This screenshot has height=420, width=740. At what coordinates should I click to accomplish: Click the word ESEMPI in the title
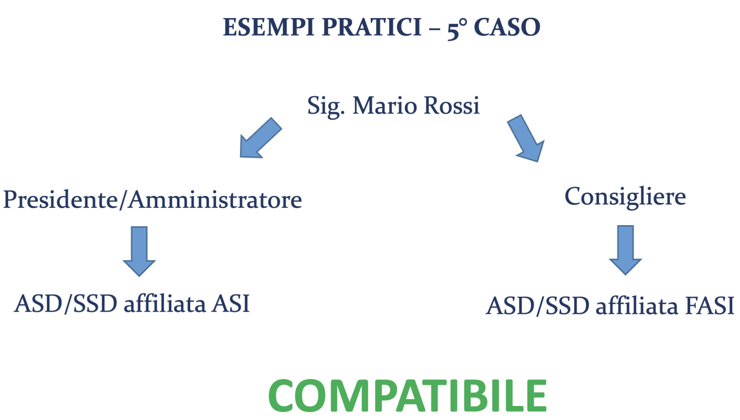(x=269, y=27)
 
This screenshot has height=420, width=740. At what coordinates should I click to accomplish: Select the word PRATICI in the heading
(x=372, y=27)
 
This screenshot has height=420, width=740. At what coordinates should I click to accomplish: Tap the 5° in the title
(x=457, y=29)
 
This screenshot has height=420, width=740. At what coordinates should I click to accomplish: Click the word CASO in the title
(x=507, y=27)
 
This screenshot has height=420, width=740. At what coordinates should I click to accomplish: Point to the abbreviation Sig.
(x=326, y=106)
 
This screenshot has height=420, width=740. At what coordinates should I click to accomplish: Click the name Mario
(x=385, y=106)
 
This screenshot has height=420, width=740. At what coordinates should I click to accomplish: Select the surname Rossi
(x=452, y=106)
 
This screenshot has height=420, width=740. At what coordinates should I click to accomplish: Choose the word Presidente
(x=61, y=200)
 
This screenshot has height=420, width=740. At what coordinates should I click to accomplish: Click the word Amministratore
(x=215, y=200)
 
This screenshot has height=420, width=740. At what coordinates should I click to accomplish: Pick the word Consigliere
(x=625, y=197)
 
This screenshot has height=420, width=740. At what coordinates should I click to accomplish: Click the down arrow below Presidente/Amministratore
(x=139, y=251)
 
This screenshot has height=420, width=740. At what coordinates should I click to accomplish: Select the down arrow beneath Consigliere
(x=625, y=250)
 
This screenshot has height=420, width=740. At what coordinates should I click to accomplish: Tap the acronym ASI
(x=231, y=304)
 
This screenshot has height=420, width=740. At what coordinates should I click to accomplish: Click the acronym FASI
(x=710, y=306)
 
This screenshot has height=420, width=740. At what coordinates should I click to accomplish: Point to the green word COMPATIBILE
(x=407, y=395)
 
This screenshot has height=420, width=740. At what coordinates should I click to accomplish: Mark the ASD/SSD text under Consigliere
(x=537, y=306)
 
